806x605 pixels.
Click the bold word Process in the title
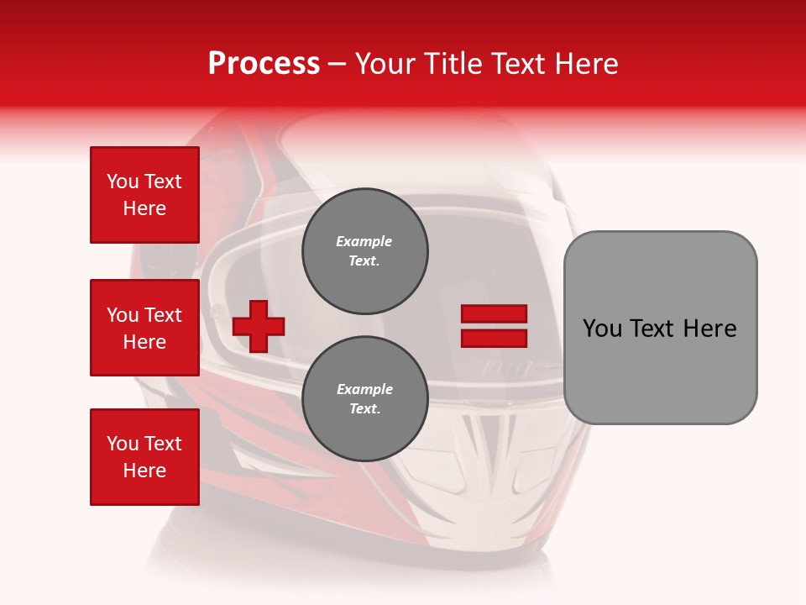(x=264, y=64)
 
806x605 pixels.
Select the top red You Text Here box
(x=144, y=195)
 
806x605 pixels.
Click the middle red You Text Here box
(x=144, y=328)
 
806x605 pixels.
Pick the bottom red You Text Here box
(x=144, y=457)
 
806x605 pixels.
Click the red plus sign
(x=259, y=326)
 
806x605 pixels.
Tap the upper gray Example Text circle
(x=365, y=251)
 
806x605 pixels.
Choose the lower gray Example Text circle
(x=365, y=399)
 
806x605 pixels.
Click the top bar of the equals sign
(x=494, y=314)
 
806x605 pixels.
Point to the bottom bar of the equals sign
(x=494, y=338)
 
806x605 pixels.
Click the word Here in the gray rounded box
(x=710, y=329)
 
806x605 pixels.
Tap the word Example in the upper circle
(x=364, y=241)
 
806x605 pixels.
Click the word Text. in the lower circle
(x=364, y=409)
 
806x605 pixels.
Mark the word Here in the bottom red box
(x=144, y=471)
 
